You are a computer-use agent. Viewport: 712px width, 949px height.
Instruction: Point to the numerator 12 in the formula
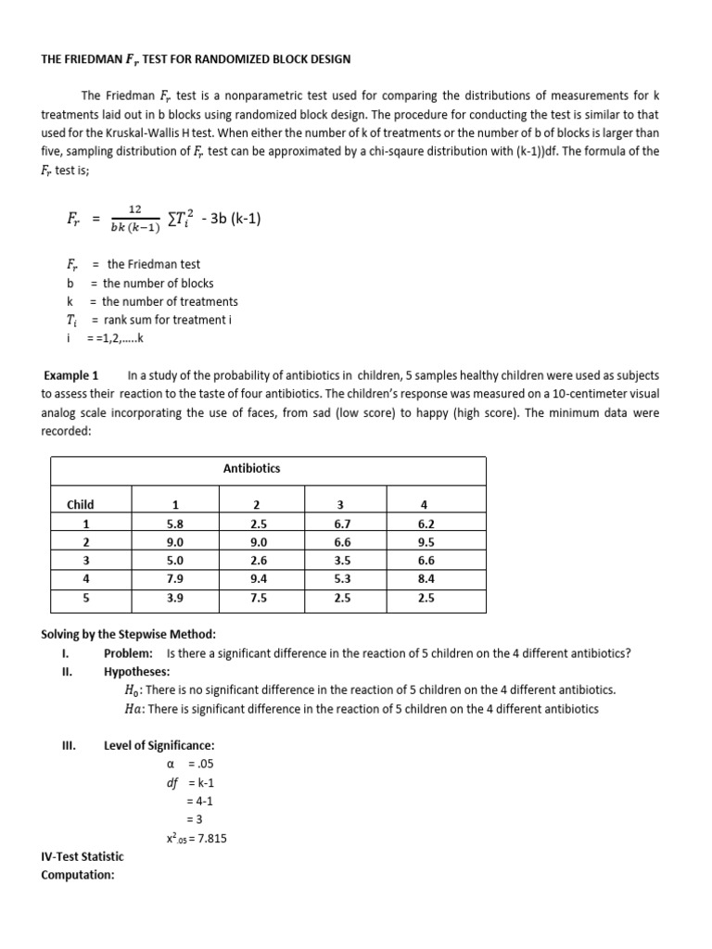click(x=134, y=209)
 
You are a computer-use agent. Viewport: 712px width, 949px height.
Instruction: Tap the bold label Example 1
click(x=71, y=375)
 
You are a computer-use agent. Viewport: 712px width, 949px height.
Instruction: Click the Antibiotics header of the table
click(x=252, y=468)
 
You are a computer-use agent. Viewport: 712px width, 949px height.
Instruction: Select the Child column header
click(x=80, y=504)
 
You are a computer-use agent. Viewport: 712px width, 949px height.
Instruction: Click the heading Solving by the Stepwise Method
click(x=128, y=634)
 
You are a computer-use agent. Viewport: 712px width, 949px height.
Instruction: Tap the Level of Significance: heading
click(x=159, y=745)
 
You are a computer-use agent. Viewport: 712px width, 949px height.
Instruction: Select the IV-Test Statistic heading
click(x=83, y=856)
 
